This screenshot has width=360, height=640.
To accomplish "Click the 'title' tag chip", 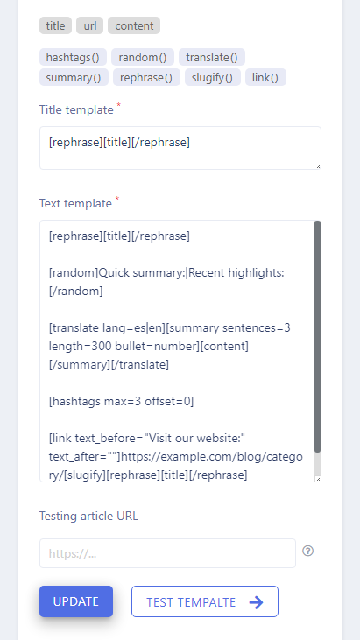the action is pyautogui.click(x=55, y=25).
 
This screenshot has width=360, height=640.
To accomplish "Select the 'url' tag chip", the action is pyautogui.click(x=90, y=25).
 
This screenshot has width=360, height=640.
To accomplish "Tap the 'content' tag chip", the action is pyautogui.click(x=134, y=25).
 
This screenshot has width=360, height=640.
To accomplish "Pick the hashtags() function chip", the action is pyautogui.click(x=73, y=57).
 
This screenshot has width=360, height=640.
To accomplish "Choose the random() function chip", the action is pyautogui.click(x=143, y=57).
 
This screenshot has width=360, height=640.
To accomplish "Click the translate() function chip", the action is pyautogui.click(x=212, y=57).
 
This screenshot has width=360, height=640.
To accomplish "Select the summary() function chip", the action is pyautogui.click(x=74, y=77).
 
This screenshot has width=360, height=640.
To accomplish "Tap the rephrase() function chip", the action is pyautogui.click(x=146, y=77).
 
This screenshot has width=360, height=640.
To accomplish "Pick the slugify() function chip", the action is pyautogui.click(x=213, y=77).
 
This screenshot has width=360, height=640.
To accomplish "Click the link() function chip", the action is pyautogui.click(x=265, y=77).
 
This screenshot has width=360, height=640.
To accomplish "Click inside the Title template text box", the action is pyautogui.click(x=180, y=148).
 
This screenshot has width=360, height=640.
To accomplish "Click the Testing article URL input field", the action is pyautogui.click(x=167, y=553).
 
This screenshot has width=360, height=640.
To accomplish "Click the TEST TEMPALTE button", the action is pyautogui.click(x=205, y=601).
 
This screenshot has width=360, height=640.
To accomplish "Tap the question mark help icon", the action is pyautogui.click(x=307, y=551).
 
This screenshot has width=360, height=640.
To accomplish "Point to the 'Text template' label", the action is pyautogui.click(x=75, y=203).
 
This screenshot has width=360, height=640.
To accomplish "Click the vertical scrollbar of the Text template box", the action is pyautogui.click(x=318, y=337).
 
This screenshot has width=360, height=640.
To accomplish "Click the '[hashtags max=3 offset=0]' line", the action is pyautogui.click(x=121, y=401).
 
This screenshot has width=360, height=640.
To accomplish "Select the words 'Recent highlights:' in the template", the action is pyautogui.click(x=236, y=272).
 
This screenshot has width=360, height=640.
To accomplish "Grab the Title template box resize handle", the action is pyautogui.click(x=318, y=166).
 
